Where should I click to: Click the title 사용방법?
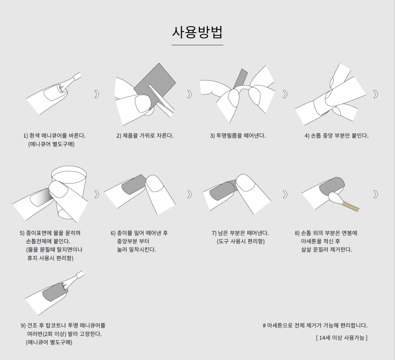click(x=197, y=32)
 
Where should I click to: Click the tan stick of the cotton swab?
click(x=350, y=205)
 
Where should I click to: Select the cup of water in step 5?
click(x=69, y=186)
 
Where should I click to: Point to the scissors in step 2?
click(x=161, y=100)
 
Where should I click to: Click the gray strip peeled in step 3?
click(x=240, y=78)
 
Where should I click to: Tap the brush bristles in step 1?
click(x=62, y=88)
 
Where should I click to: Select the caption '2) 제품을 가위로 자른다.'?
click(x=145, y=136)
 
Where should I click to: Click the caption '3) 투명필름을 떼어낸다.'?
click(x=238, y=136)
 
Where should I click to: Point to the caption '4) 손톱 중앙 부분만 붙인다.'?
click(x=336, y=136)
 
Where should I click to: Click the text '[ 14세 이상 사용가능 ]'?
click(x=342, y=338)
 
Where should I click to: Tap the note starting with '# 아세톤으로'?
click(x=315, y=325)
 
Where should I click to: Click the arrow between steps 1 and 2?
click(x=97, y=94)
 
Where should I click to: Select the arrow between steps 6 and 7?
click(x=190, y=194)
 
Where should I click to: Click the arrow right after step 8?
click(x=376, y=194)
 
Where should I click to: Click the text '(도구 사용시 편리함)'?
click(x=241, y=241)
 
